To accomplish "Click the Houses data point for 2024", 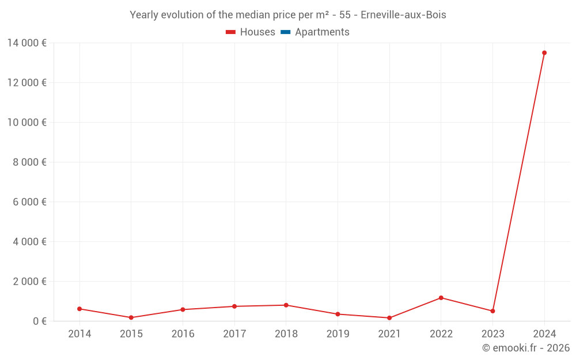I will pyautogui.click(x=544, y=53).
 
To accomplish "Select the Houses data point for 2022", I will pyautogui.click(x=441, y=298).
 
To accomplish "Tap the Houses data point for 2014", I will pyautogui.click(x=79, y=309).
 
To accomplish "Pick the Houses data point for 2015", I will pyautogui.click(x=131, y=317).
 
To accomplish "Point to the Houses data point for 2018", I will pyautogui.click(x=286, y=305).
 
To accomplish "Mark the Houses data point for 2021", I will pyautogui.click(x=389, y=318).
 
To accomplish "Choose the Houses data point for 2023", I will pyautogui.click(x=492, y=311).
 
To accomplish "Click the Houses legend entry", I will pyautogui.click(x=251, y=32).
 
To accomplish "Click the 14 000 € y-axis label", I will pyautogui.click(x=27, y=43).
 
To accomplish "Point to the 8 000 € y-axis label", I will pyautogui.click(x=30, y=162).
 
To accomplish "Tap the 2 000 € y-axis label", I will pyautogui.click(x=30, y=281).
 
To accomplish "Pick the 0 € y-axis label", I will pyautogui.click(x=40, y=321).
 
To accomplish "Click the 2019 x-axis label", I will pyautogui.click(x=338, y=334).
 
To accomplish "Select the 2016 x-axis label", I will pyautogui.click(x=183, y=334).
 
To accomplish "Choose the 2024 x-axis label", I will pyautogui.click(x=544, y=334).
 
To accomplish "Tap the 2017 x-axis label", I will pyautogui.click(x=234, y=334).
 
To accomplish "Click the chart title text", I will pyautogui.click(x=288, y=15).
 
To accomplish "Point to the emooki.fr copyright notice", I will pyautogui.click(x=526, y=348).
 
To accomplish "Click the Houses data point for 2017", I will pyautogui.click(x=234, y=306).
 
